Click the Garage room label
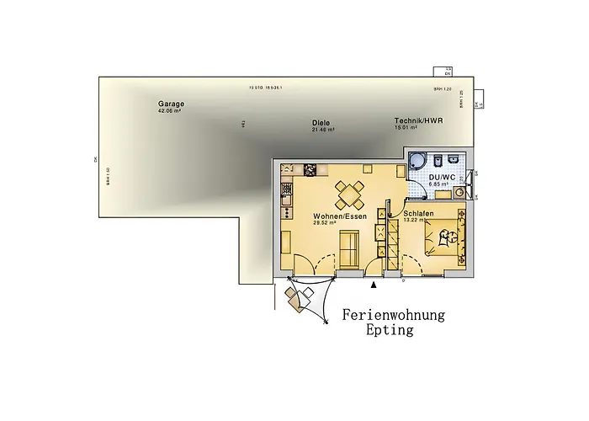170,104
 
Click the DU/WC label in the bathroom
442,178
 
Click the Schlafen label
418,214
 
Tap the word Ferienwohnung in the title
394,315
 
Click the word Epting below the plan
390,331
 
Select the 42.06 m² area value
170,111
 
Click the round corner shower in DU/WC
417,163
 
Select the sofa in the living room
348,245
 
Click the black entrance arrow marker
374,286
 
